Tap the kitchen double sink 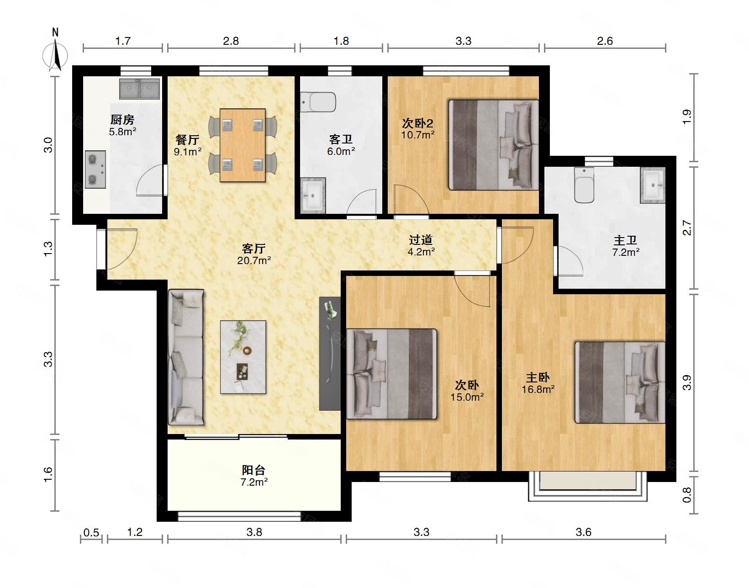coord(140,89)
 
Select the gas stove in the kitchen coord(95,170)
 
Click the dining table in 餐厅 coord(243,145)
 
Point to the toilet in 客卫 coord(318,102)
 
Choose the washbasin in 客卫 coord(313,195)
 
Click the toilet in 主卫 coord(584,185)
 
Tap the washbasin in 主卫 coord(653,185)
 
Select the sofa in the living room coord(186,357)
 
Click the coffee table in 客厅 coord(243,357)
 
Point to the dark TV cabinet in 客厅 coord(330,354)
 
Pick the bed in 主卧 coord(620,382)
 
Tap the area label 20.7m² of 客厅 coord(254,260)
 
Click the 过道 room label coord(421,239)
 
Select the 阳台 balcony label coord(253,470)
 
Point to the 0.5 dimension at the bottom coord(91,533)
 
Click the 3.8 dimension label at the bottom coord(254,532)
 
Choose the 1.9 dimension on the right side coord(686,117)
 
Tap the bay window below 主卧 coord(588,486)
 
